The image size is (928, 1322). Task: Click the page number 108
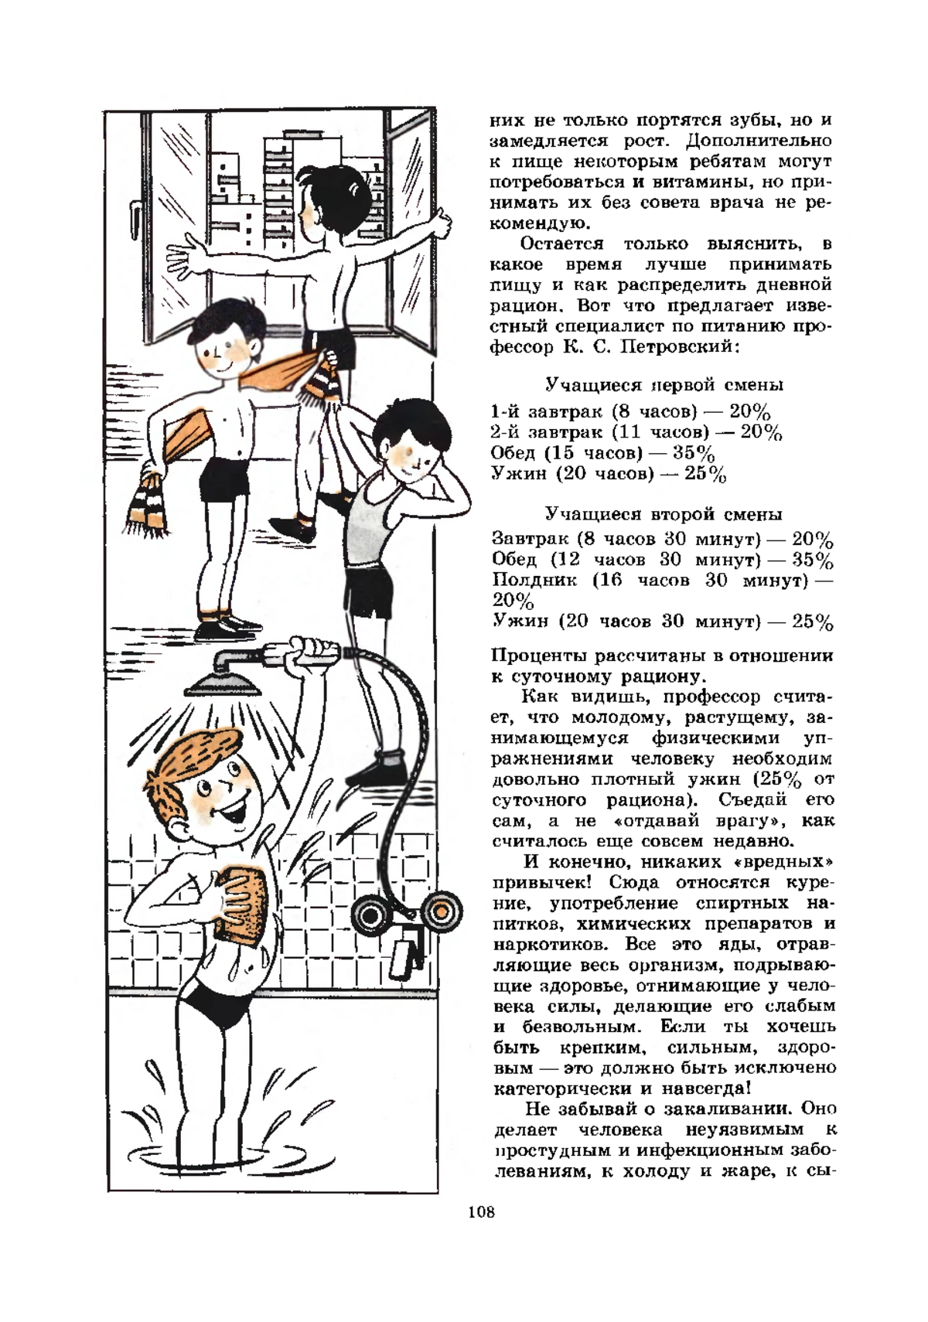480,1233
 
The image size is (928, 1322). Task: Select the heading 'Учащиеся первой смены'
664,385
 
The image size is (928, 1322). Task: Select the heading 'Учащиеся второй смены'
664,514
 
